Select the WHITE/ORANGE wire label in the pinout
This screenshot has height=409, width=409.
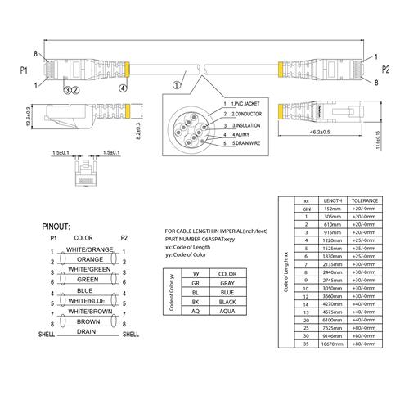(90, 249)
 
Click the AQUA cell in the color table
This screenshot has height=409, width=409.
(228, 312)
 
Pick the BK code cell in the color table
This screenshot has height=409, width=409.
(196, 300)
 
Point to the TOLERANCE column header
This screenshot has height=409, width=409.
(364, 200)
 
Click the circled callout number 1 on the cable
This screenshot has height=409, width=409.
(178, 83)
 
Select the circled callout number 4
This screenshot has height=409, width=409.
(124, 86)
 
